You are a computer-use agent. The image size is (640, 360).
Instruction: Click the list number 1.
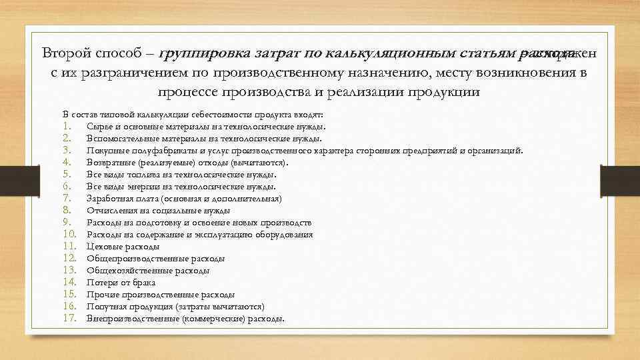click(66, 126)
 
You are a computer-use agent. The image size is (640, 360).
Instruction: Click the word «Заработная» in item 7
click(109, 199)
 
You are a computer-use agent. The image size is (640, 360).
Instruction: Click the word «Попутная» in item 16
click(104, 307)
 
